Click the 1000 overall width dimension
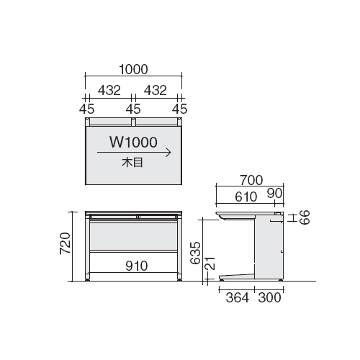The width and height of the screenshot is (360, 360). [x=133, y=69]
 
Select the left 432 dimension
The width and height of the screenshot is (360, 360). [x=109, y=91]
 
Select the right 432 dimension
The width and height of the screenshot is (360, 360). [x=156, y=91]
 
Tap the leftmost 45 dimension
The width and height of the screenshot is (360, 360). [x=87, y=109]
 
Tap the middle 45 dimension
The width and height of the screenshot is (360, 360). [x=133, y=109]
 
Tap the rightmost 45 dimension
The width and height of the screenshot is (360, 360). [x=179, y=109]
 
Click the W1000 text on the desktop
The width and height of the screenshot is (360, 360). [x=133, y=142]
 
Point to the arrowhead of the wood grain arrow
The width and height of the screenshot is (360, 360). [x=171, y=153]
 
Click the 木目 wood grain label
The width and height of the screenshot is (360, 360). [x=132, y=163]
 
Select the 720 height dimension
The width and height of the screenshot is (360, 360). [x=66, y=243]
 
